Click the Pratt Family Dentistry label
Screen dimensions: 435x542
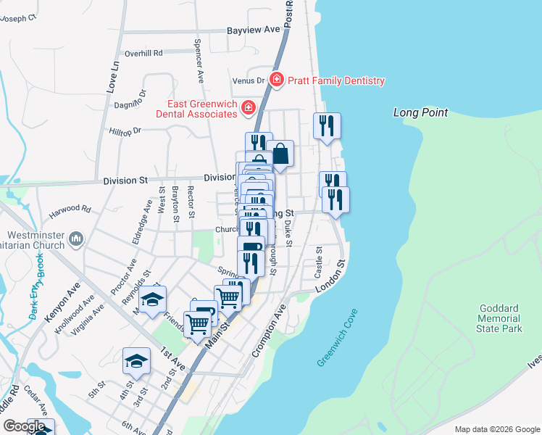pyautogui.click(x=335, y=81)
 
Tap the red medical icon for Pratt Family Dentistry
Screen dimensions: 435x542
pyautogui.click(x=276, y=79)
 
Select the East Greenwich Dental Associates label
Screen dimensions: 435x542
pyautogui.click(x=196, y=109)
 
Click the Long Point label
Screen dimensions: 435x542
pyautogui.click(x=420, y=112)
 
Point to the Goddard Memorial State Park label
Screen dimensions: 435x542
pyautogui.click(x=499, y=318)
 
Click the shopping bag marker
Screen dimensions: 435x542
pyautogui.click(x=280, y=154)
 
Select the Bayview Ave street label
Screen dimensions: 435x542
pyautogui.click(x=253, y=30)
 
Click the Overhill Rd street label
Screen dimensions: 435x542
pyautogui.click(x=143, y=53)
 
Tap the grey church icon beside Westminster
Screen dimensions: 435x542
pyautogui.click(x=77, y=239)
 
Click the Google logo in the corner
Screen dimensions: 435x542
pyautogui.click(x=24, y=426)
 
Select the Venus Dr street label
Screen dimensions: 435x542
pyautogui.click(x=247, y=80)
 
